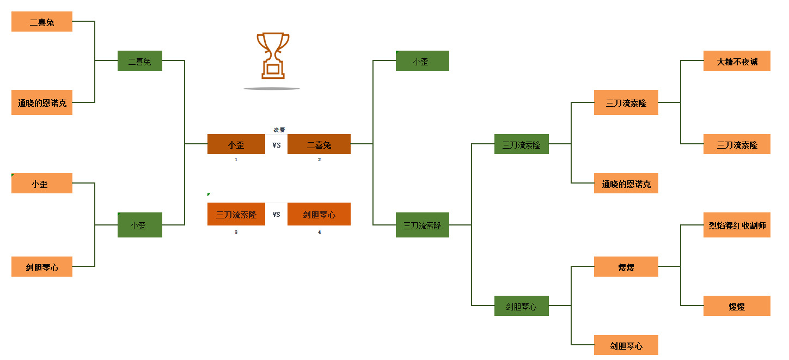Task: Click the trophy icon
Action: [x=273, y=56]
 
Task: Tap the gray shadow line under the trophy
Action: [x=271, y=88]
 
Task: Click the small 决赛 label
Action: [x=279, y=130]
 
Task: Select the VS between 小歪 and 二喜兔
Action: [x=277, y=145]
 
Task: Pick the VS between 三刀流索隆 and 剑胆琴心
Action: [x=277, y=214]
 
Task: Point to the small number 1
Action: [x=236, y=160]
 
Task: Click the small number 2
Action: [x=319, y=160]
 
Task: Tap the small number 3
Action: [x=236, y=232]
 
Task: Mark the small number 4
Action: [x=319, y=232]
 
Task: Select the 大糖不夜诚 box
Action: [x=737, y=61]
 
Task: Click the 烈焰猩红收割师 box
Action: [x=737, y=225]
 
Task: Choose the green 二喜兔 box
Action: [x=140, y=61]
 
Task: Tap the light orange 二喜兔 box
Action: [x=42, y=22]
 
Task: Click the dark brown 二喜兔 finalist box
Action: [x=319, y=144]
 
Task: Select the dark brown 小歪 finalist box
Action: [x=236, y=144]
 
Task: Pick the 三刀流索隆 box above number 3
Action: [x=236, y=214]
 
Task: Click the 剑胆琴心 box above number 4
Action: [x=319, y=214]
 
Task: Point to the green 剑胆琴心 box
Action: [x=521, y=306]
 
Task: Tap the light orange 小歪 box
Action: [x=42, y=184]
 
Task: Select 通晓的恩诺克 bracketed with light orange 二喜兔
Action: [x=42, y=102]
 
